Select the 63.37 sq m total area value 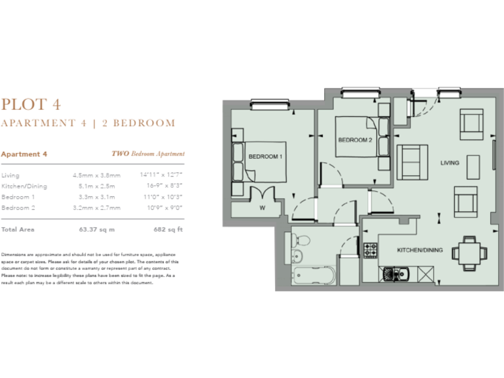[96, 230]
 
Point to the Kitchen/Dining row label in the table [24, 186]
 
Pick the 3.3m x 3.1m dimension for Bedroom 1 [96, 196]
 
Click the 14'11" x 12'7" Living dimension [161, 175]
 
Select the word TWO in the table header [119, 154]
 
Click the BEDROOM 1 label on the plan [265, 156]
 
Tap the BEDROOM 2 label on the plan [355, 140]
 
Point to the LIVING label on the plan [450, 163]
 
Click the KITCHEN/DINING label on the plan [421, 250]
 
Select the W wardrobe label [262, 209]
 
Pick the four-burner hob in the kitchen [371, 250]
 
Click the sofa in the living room [410, 161]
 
